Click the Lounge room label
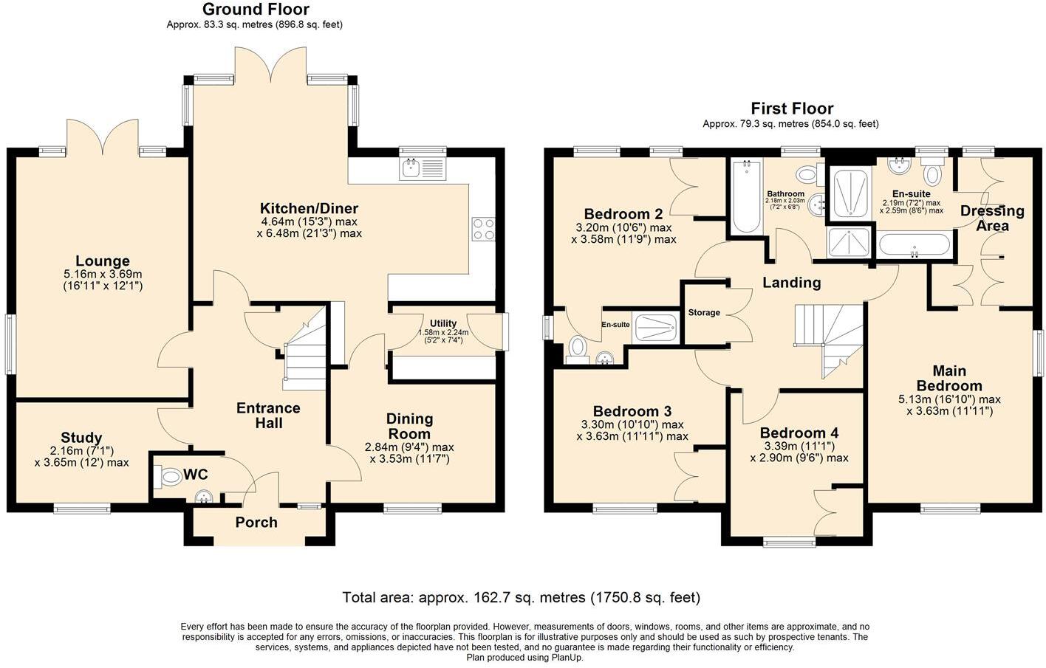pyautogui.click(x=103, y=261)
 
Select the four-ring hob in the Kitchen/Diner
pyautogui.click(x=483, y=230)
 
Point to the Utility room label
pyautogui.click(x=443, y=323)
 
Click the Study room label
pyautogui.click(x=81, y=438)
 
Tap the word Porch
pyautogui.click(x=256, y=523)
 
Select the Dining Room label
pyautogui.click(x=409, y=427)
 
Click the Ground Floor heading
pyautogui.click(x=256, y=10)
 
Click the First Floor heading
pyautogui.click(x=792, y=109)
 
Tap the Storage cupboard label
pyautogui.click(x=704, y=313)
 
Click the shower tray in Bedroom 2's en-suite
pyautogui.click(x=655, y=327)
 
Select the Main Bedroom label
pyautogui.click(x=949, y=378)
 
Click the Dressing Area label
pyautogui.click(x=992, y=218)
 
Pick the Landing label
pyautogui.click(x=791, y=283)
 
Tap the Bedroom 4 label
pyautogui.click(x=799, y=433)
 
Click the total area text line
pyautogui.click(x=521, y=597)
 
